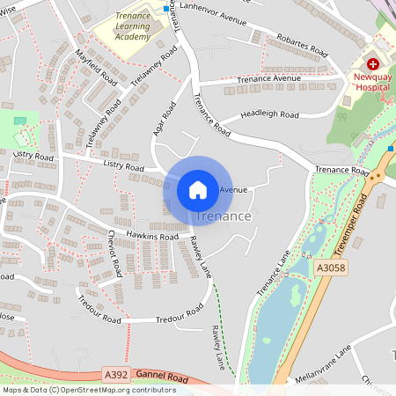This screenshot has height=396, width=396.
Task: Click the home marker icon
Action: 198,189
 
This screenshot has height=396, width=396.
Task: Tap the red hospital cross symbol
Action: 373,64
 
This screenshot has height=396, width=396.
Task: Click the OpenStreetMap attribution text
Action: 88,390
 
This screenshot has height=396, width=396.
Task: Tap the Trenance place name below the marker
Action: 224,216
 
